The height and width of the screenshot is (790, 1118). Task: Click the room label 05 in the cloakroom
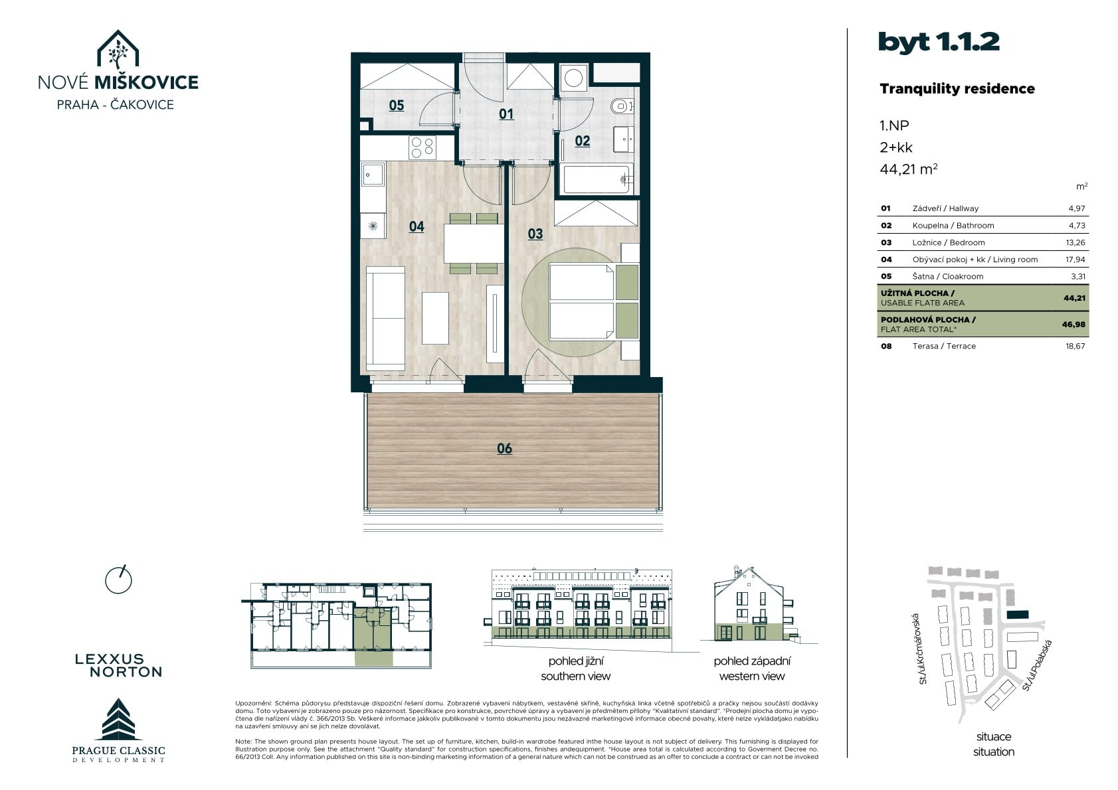[x=397, y=106]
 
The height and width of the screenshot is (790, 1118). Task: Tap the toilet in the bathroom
[x=622, y=106]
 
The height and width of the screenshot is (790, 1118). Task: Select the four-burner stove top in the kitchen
[x=422, y=147]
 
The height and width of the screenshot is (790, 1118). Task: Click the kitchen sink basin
[x=373, y=175]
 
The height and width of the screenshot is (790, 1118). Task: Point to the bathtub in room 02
[x=597, y=179]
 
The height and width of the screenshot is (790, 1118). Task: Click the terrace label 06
[x=505, y=449]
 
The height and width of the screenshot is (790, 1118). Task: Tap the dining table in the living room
[x=474, y=244]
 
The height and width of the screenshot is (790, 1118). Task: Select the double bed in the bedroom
[x=593, y=302]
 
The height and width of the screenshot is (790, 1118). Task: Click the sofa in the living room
[x=385, y=319]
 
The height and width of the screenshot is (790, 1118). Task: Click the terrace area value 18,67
[x=1075, y=346]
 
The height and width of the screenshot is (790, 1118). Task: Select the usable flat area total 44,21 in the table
[x=1075, y=298]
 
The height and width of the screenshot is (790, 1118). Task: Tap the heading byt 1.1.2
[x=939, y=42]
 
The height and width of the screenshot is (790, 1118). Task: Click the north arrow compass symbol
[x=118, y=580]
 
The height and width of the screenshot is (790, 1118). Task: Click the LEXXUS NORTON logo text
[x=119, y=666]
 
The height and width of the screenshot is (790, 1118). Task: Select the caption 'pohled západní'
[x=752, y=661]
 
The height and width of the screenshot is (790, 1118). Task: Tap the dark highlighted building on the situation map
[x=1018, y=615]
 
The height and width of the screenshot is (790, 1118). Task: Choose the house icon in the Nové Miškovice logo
[x=118, y=50]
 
